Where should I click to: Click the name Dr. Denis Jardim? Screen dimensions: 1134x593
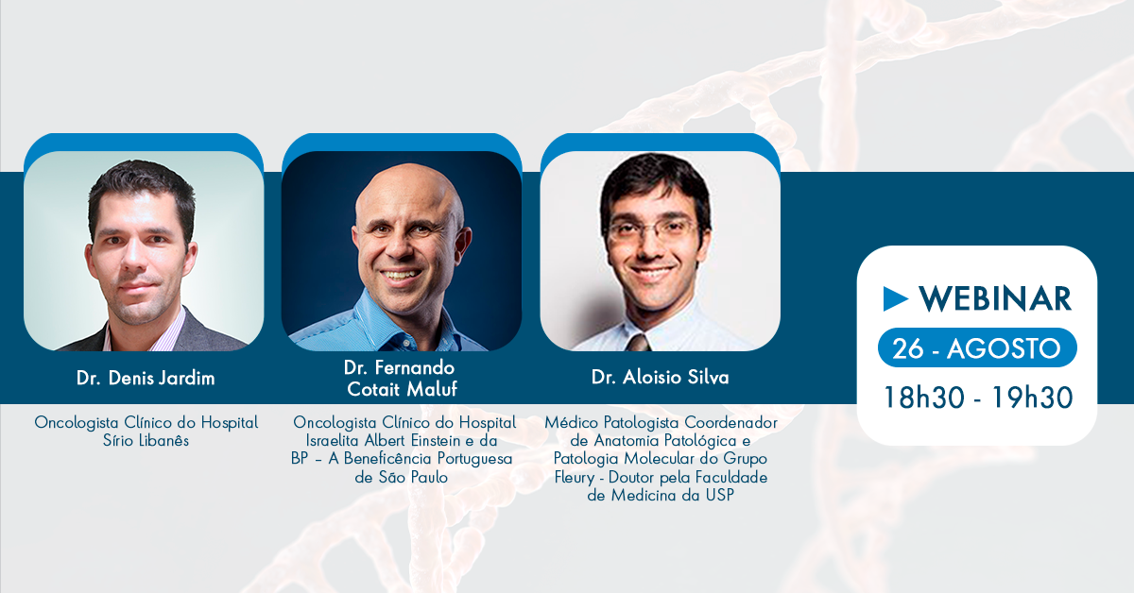tap(146, 378)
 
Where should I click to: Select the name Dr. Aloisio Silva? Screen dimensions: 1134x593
tap(661, 377)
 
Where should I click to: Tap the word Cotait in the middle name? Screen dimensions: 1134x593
tap(374, 389)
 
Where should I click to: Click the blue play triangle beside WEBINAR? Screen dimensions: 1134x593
tap(896, 298)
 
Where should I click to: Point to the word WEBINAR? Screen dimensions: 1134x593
tap(995, 298)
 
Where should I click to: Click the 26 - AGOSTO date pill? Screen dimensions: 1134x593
tap(977, 347)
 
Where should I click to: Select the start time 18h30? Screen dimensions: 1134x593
tap(924, 398)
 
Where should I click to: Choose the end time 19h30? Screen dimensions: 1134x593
tap(1032, 398)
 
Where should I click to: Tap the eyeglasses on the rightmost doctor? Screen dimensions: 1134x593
tap(653, 230)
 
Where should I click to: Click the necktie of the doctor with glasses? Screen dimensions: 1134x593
tap(639, 343)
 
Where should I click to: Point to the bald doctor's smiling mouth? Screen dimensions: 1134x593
tap(401, 276)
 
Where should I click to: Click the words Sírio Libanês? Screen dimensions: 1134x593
tap(146, 441)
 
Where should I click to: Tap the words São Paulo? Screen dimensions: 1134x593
tap(413, 477)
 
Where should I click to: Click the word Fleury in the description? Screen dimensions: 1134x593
tap(575, 478)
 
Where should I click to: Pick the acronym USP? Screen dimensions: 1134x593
tap(719, 496)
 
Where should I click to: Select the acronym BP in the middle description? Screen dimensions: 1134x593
tap(300, 459)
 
